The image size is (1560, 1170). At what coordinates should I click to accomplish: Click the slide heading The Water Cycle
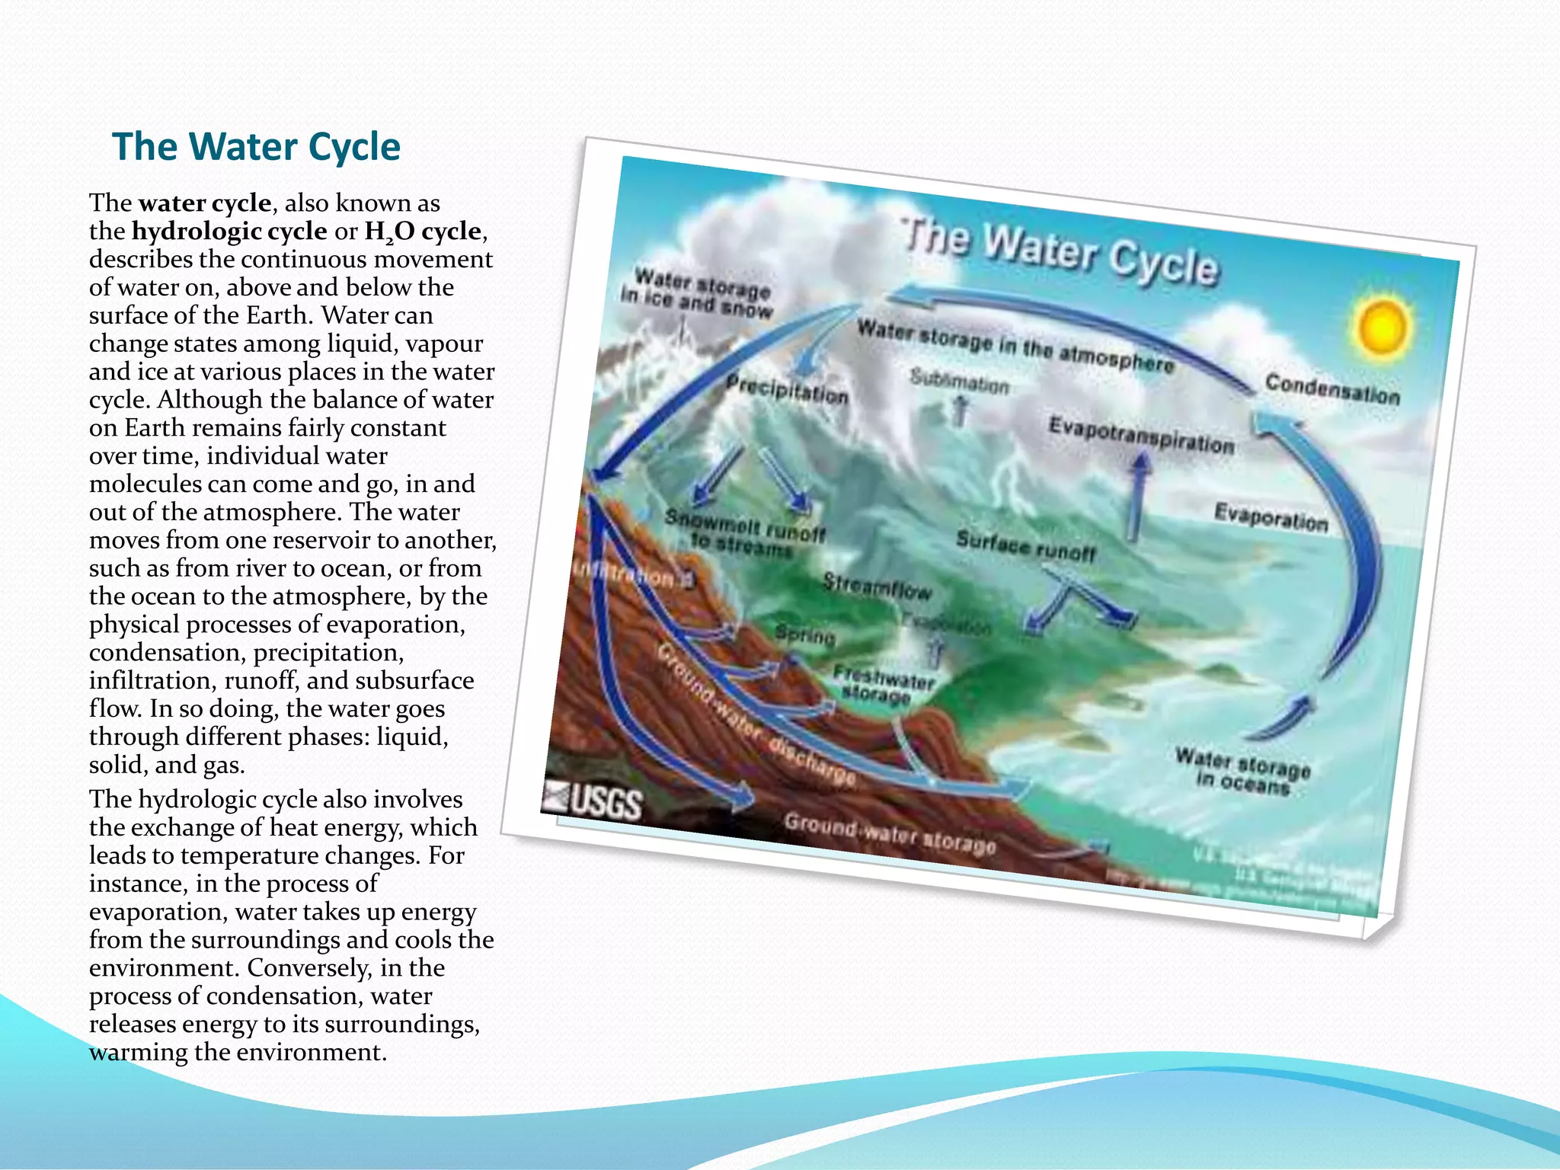[x=256, y=146]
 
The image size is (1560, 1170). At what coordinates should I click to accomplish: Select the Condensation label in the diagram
[x=1332, y=389]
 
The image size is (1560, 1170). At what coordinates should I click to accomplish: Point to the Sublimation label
[x=959, y=380]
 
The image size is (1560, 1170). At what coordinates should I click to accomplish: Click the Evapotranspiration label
[x=1140, y=435]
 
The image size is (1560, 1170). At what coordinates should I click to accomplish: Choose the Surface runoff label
[x=1025, y=546]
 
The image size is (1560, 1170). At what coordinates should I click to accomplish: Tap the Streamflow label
[x=877, y=587]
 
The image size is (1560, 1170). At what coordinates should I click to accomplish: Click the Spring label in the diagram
[x=805, y=634]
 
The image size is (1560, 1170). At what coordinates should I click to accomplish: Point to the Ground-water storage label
[x=890, y=834]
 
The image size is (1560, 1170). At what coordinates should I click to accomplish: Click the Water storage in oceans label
[x=1242, y=771]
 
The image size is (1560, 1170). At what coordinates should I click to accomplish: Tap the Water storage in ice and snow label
[x=697, y=293]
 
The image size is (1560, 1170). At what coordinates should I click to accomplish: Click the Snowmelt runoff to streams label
[x=743, y=532]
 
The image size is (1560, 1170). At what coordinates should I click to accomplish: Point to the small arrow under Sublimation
[x=961, y=411]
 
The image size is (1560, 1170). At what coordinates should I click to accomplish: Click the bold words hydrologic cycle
[x=229, y=231]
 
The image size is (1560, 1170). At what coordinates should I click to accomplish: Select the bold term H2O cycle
[x=423, y=232]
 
